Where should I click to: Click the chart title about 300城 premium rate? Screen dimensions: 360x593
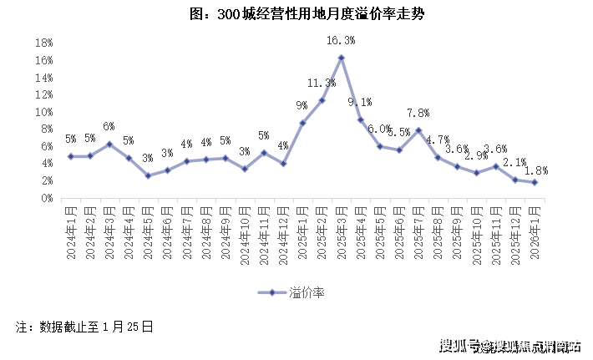point(296,14)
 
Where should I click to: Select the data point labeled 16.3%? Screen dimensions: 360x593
point(341,58)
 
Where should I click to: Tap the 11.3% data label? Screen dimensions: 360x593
point(322,83)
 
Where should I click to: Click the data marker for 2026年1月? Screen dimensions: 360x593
point(534,183)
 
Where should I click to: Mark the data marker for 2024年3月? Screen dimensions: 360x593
point(109,145)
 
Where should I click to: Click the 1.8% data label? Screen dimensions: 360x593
point(535,170)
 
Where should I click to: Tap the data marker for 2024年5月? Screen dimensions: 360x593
point(148,175)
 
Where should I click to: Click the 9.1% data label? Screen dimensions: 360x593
point(360,102)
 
